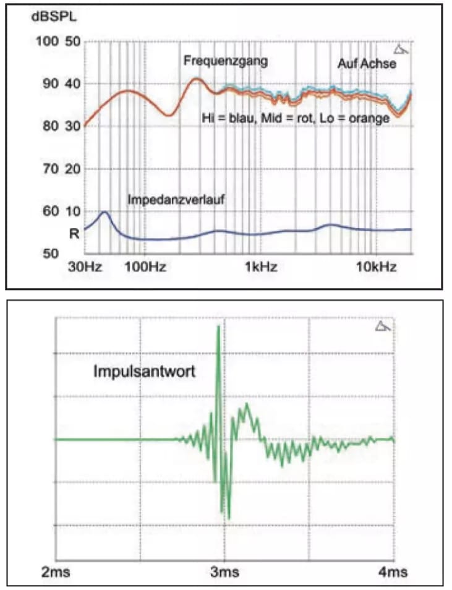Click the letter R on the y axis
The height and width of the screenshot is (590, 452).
click(72, 233)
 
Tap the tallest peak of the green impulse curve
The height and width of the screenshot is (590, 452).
click(218, 326)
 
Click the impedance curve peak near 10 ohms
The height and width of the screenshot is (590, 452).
click(104, 212)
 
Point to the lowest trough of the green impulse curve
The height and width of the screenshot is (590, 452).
click(229, 518)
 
